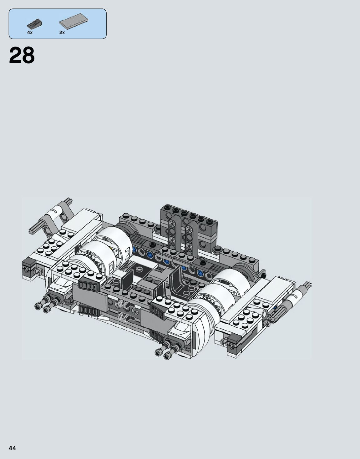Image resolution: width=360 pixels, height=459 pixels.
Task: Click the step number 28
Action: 22,56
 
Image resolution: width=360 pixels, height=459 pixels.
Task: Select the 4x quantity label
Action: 30,32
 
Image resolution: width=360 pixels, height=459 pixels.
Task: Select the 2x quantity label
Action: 62,32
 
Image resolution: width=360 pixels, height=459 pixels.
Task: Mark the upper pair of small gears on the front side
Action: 123,304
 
